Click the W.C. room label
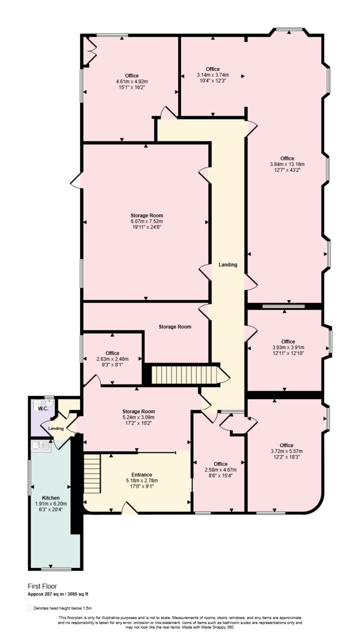pyautogui.click(x=43, y=409)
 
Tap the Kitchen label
pyautogui.click(x=50, y=498)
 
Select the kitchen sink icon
pyautogui.click(x=41, y=447)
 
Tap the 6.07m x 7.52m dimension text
pyautogui.click(x=146, y=221)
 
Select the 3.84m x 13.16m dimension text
pyautogui.click(x=287, y=164)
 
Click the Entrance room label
pyautogui.click(x=142, y=474)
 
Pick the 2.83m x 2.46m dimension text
pyautogui.click(x=112, y=359)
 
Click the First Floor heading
pyautogui.click(x=42, y=586)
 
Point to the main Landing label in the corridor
pyautogui.click(x=228, y=265)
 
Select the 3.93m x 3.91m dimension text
pyautogui.click(x=288, y=347)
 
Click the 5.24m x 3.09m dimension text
pyautogui.click(x=138, y=417)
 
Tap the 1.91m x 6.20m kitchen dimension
pyautogui.click(x=51, y=504)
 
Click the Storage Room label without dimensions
pyautogui.click(x=175, y=327)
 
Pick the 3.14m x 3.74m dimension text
pyautogui.click(x=213, y=75)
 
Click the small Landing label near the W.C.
pyautogui.click(x=56, y=428)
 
